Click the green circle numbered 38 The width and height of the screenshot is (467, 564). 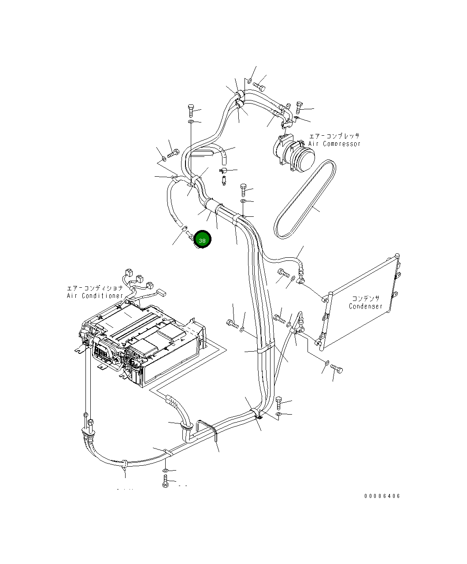tap(202, 240)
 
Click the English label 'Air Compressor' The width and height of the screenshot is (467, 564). tap(334, 144)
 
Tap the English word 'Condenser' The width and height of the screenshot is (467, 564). tap(366, 306)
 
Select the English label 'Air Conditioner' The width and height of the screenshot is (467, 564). tap(95, 296)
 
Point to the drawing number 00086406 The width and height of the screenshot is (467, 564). tap(382, 496)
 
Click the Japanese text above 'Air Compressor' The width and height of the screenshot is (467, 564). tap(334, 136)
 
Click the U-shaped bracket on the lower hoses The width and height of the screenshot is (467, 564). tap(207, 430)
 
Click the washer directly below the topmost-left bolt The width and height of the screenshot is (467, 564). tap(191, 121)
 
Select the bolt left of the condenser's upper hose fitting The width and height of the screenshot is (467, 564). tap(283, 273)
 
